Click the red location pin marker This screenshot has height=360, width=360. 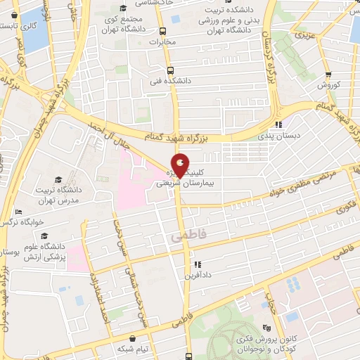tap(181, 164)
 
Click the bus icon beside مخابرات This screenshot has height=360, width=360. tap(163, 31)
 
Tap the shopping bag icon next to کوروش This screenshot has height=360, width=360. tap(328, 75)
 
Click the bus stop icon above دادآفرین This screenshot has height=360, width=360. tap(198, 265)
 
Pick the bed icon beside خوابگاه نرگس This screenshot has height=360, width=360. tap(18, 212)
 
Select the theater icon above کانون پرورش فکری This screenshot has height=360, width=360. tap(266, 327)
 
